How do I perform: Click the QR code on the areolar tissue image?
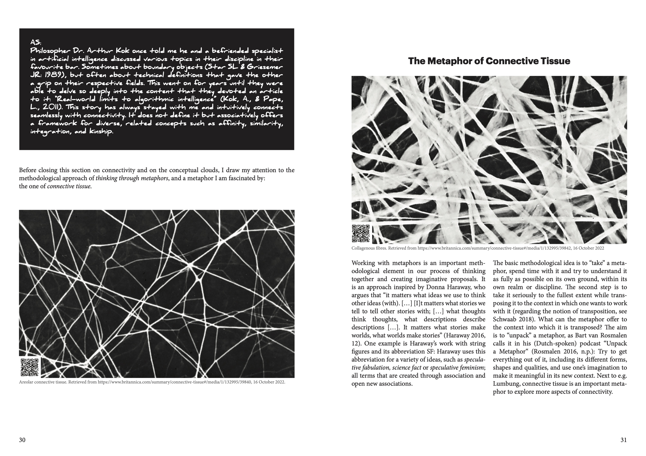coord(30,367)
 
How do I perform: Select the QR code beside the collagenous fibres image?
coord(361,234)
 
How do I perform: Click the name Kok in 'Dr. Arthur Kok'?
coord(123,51)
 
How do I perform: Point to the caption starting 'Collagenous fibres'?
coord(477,248)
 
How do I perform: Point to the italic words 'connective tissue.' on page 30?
coord(69,186)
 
